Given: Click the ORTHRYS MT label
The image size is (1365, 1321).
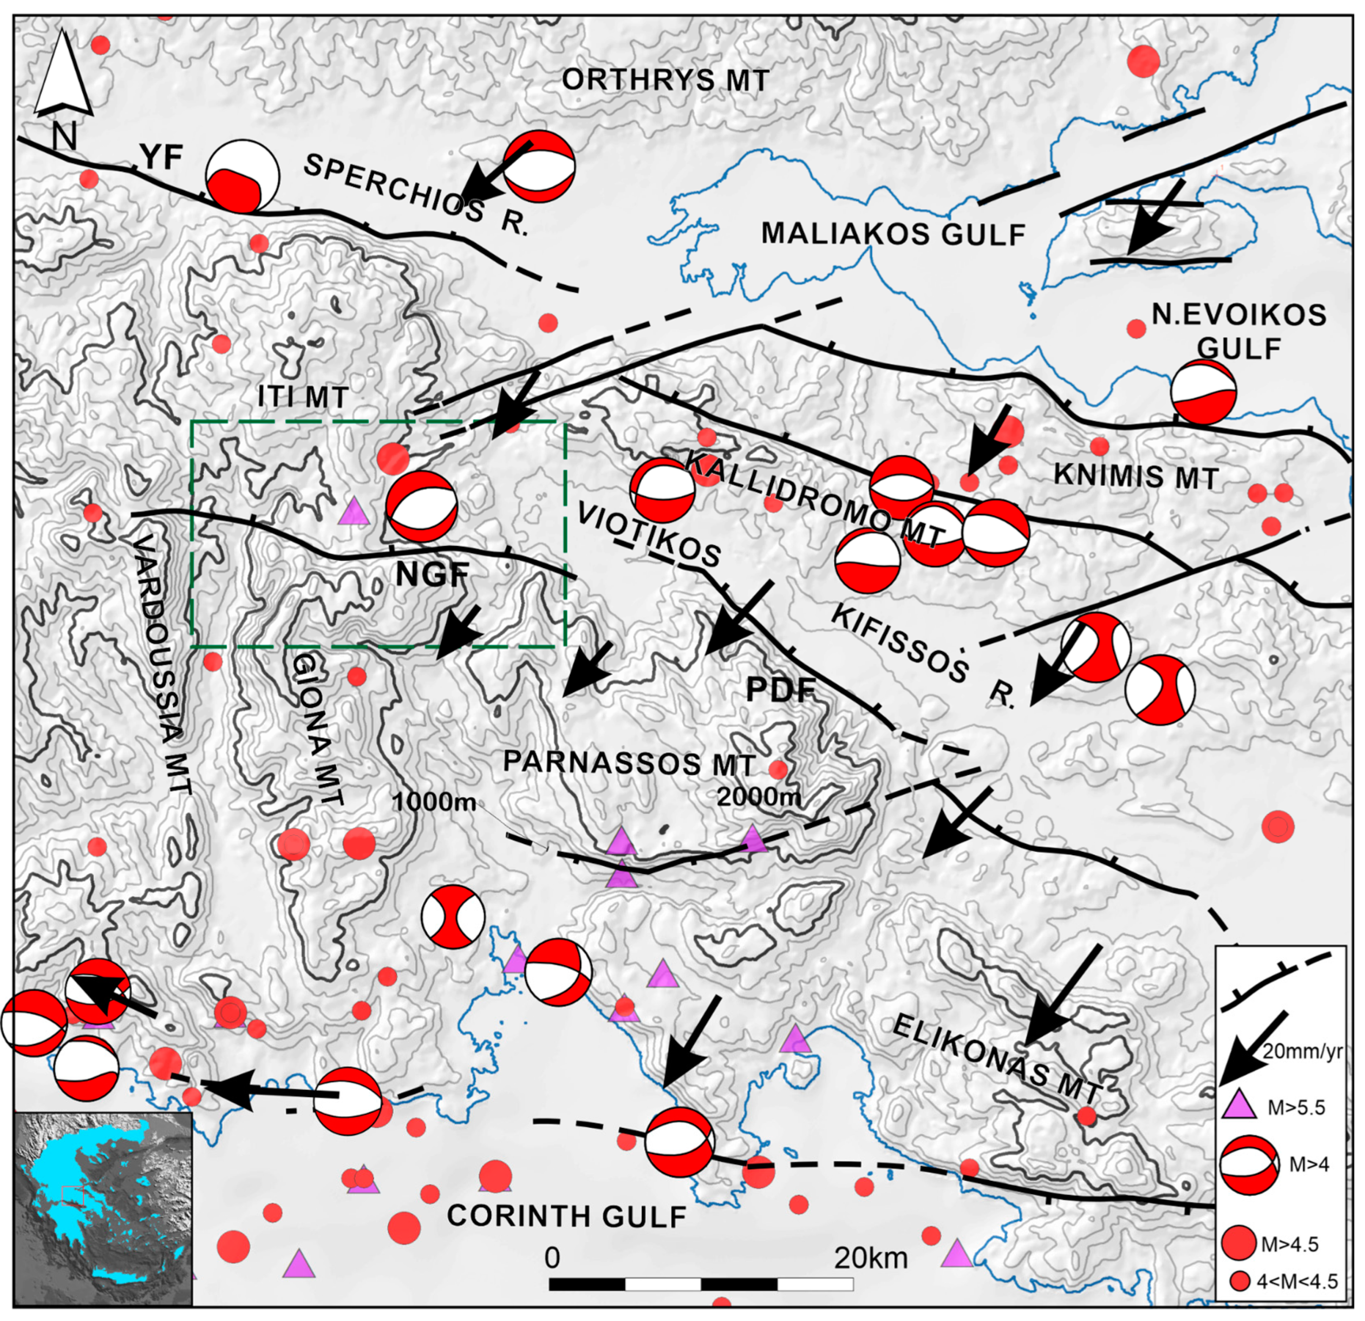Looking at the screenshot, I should [x=665, y=80].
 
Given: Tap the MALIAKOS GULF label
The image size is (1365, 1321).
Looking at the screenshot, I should [x=893, y=234].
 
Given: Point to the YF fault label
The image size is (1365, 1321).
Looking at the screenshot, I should [x=161, y=159].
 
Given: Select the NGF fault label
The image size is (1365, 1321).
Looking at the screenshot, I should [x=432, y=575].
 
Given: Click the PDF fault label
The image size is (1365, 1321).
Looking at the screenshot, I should [x=780, y=690].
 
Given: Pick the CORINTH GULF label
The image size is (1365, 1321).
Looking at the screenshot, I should [x=566, y=1216].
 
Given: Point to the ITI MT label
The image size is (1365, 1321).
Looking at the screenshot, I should [x=303, y=398].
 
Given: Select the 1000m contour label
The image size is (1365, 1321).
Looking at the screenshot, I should [x=434, y=802].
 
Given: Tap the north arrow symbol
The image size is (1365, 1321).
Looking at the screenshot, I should [x=63, y=73].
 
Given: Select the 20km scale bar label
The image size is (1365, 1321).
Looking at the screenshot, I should [x=871, y=1258].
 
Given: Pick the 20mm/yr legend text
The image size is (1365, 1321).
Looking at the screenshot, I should [x=1302, y=1052].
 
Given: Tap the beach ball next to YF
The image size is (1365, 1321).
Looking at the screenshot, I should [x=243, y=176].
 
